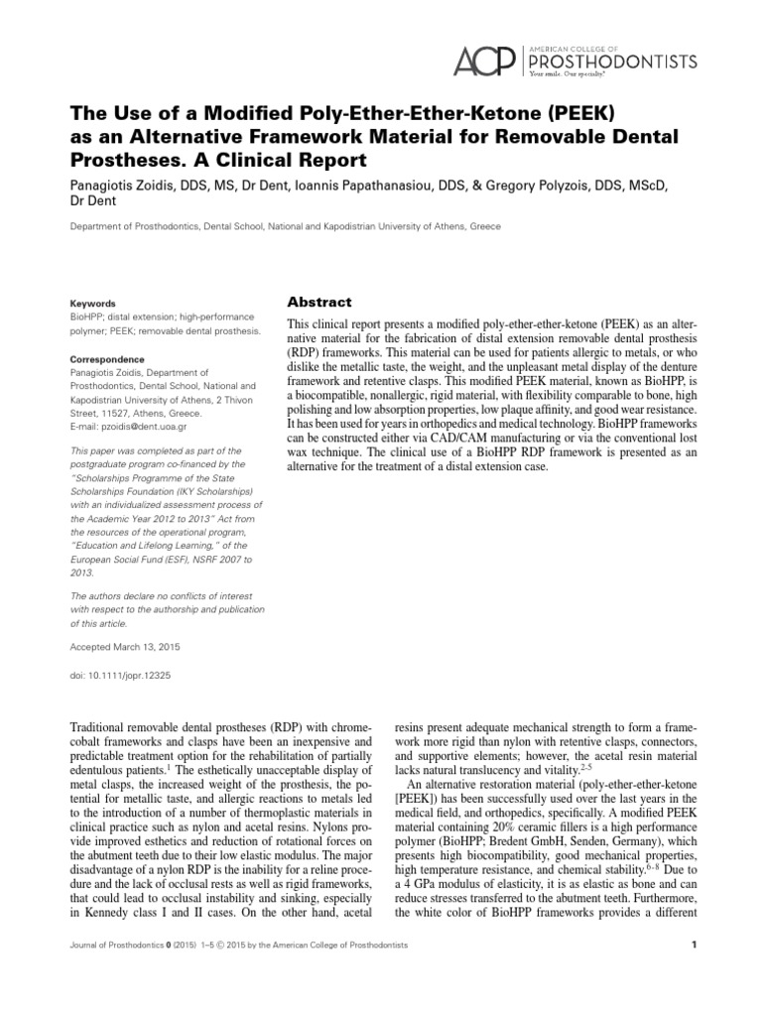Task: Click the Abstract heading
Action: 319,302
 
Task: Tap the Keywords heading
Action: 92,304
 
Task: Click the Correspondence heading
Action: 106,359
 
